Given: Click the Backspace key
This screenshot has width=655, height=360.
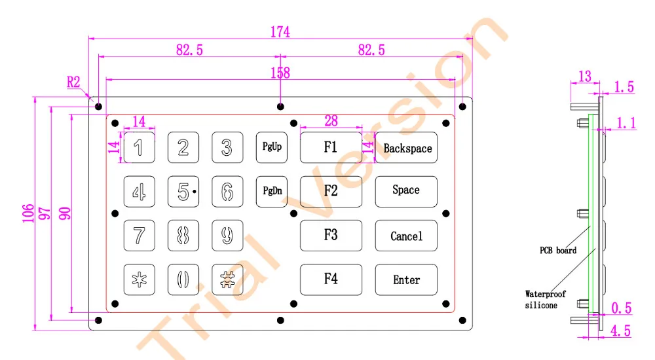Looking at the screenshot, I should (406, 148).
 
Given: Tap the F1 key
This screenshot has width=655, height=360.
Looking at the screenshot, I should (331, 147).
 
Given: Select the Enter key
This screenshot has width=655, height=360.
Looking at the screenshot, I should (406, 279).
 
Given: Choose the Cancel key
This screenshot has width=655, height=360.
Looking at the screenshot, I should (406, 236).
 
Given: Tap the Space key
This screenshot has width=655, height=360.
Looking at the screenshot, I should (406, 190).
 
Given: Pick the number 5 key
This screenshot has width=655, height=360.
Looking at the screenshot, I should (183, 191).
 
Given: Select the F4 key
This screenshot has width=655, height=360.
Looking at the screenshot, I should (331, 279).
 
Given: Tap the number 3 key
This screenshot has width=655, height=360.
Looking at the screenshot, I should (227, 147).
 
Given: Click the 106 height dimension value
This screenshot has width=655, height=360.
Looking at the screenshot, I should (28, 213).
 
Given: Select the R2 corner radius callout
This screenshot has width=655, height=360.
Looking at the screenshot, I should (73, 82).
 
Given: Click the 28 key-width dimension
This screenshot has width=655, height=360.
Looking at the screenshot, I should (331, 120).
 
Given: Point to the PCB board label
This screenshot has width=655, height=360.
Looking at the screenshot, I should (558, 250).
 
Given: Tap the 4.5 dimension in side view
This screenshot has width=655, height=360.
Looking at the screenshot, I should (620, 331).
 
